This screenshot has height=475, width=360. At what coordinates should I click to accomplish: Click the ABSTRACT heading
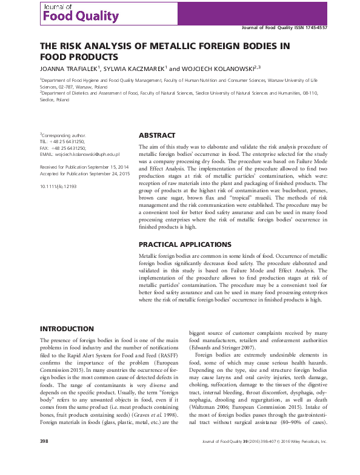[x=157, y=135]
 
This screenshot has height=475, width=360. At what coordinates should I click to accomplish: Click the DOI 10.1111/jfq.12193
[x=60, y=187]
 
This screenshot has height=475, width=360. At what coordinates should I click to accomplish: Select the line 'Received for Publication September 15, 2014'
[x=76, y=166]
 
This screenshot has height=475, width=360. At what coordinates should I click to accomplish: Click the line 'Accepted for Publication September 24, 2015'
[x=76, y=173]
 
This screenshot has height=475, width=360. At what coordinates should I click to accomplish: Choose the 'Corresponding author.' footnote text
[x=64, y=135]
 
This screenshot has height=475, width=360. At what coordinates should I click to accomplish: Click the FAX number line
[x=62, y=149]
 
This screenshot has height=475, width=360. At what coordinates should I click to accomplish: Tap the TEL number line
[x=62, y=142]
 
